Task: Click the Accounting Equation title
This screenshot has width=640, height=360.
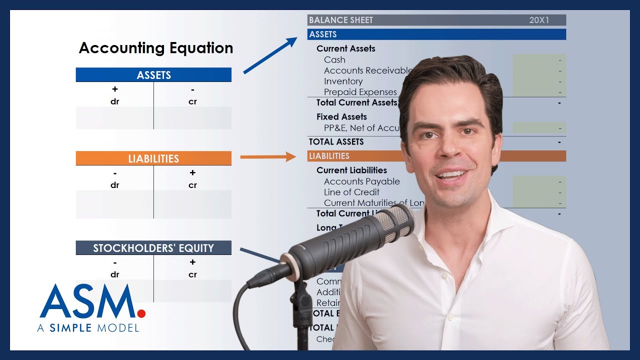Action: coord(156,48)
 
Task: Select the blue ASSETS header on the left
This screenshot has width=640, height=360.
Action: coord(153,75)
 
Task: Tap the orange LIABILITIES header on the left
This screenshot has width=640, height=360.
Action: coord(153,158)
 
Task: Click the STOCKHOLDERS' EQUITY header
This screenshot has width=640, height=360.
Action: coord(153,248)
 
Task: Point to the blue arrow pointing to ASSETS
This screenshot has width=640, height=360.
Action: coord(270,55)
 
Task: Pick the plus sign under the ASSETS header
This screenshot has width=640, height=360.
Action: coord(115,89)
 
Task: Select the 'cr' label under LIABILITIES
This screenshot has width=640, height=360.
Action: coord(192,185)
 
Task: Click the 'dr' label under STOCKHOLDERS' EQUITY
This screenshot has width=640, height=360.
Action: coord(115,274)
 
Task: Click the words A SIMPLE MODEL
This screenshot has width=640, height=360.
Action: coord(88,328)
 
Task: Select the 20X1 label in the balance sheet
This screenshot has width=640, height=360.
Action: coord(539,20)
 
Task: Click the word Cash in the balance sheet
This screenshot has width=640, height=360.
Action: coord(334,60)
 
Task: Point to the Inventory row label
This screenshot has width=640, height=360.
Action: coord(343,81)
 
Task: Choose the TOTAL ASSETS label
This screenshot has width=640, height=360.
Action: coord(336,142)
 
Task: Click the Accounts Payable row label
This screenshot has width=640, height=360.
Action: coord(361,181)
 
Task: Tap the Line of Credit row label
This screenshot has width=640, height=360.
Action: coord(351,192)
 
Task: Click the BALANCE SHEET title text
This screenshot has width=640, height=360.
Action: coord(341,20)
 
